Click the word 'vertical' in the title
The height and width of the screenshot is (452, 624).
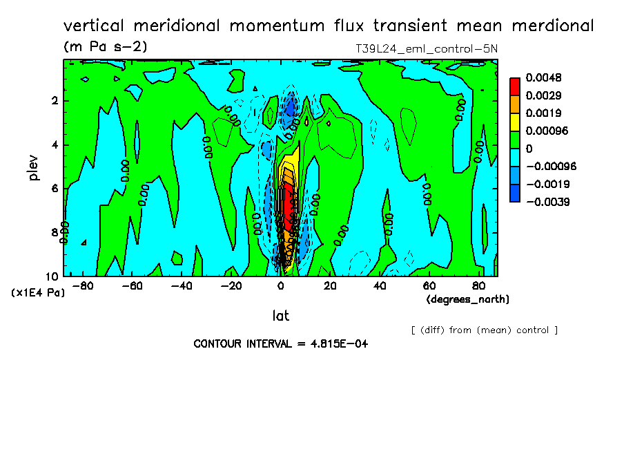point(95,26)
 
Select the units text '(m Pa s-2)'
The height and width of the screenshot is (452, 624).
point(105,47)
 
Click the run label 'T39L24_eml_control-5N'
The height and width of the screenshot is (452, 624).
point(423,49)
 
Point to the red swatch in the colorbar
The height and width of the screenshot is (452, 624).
point(514,86)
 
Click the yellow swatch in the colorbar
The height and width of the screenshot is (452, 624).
point(514,122)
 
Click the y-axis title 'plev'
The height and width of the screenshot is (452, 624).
point(34,167)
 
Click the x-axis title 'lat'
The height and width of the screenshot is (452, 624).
point(280,316)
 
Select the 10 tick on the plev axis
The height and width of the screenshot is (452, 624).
point(52,276)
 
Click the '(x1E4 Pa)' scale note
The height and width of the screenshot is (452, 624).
point(37,293)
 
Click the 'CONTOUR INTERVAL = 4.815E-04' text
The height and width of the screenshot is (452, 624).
point(280,343)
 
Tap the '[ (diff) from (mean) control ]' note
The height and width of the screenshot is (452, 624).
point(484,330)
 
